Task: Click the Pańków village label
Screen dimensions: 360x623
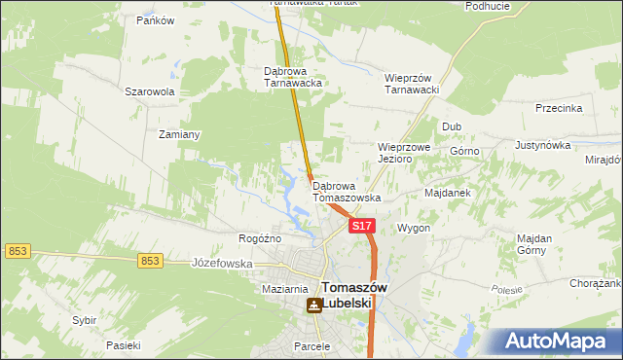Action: coord(155,20)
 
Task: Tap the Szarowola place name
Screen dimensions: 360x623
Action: coord(149,91)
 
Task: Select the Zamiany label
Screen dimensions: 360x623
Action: coord(179,134)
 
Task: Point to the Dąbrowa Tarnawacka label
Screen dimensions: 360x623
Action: coord(293,77)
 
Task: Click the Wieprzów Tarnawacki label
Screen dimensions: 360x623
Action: coord(413,84)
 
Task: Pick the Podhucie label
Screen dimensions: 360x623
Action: coord(488,6)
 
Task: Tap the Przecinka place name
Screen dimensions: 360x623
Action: coord(559,109)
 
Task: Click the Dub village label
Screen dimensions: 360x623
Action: coord(452,126)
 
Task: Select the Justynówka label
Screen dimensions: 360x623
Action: coord(542,145)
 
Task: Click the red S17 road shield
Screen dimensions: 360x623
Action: coord(361,226)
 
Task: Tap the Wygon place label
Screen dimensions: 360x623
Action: coord(414,228)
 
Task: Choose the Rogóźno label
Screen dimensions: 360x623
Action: coord(260,238)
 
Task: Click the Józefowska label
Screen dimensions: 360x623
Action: coord(222,264)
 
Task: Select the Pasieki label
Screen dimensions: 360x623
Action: coord(124,345)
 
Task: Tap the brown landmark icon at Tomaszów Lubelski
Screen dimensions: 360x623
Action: coord(313,306)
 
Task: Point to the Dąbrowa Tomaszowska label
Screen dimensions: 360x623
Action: coord(346,192)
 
